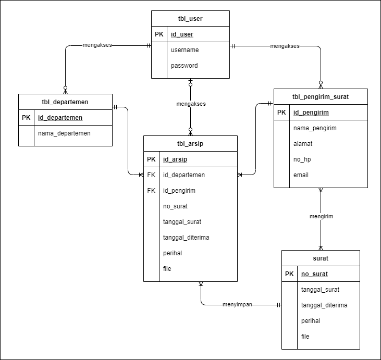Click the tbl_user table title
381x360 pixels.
pyautogui.click(x=190, y=19)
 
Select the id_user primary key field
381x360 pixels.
pyautogui.click(x=182, y=34)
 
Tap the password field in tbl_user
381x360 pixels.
pyautogui.click(x=184, y=66)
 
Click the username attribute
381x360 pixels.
pyautogui.click(x=185, y=50)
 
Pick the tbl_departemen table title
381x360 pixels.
pyautogui.click(x=65, y=102)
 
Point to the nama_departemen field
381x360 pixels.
pyautogui.click(x=64, y=133)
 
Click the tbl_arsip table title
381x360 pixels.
pyautogui.click(x=190, y=144)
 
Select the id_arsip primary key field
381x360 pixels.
pyautogui.click(x=175, y=159)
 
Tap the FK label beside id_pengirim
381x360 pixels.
pyautogui.click(x=151, y=191)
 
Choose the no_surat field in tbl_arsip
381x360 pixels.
pyautogui.click(x=175, y=206)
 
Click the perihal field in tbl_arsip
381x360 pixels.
pyautogui.click(x=173, y=253)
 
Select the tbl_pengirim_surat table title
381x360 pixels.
pyautogui.click(x=321, y=97)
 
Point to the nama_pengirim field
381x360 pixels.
pyautogui.click(x=315, y=128)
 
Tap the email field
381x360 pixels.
pyautogui.click(x=301, y=175)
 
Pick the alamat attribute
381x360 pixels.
pyautogui.click(x=303, y=144)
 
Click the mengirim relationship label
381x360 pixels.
pyautogui.click(x=321, y=216)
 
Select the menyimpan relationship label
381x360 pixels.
pyautogui.click(x=237, y=305)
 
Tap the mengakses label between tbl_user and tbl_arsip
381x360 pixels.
pyautogui.click(x=191, y=104)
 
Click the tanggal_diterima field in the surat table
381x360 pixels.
pyautogui.click(x=324, y=305)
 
